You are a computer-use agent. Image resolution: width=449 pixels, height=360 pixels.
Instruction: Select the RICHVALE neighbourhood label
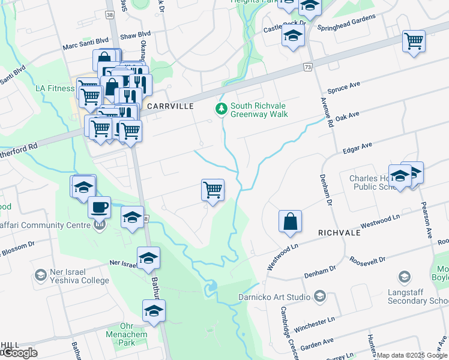point(339,232)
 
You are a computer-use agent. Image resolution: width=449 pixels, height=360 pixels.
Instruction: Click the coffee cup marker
point(99,208)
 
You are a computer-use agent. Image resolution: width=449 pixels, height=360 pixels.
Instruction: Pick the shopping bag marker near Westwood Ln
point(290,221)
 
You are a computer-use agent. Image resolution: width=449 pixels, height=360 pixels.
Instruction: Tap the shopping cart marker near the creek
point(213,190)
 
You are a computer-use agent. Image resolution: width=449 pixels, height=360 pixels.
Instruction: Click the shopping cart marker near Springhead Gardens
point(414,41)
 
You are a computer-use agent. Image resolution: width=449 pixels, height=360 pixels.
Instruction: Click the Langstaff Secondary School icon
point(405,277)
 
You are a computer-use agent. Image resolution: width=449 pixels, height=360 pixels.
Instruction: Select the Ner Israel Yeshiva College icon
point(41,275)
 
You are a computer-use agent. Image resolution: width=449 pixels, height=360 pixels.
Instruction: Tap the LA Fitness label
point(55,88)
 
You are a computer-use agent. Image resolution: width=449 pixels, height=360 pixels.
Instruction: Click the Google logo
point(19,353)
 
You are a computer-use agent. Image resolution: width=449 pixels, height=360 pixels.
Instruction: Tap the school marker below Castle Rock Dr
point(294,37)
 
